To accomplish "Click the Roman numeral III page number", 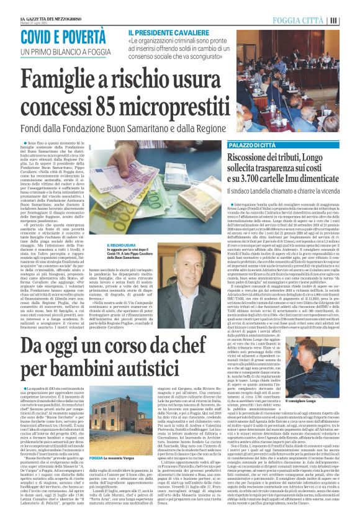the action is point(351,19).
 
